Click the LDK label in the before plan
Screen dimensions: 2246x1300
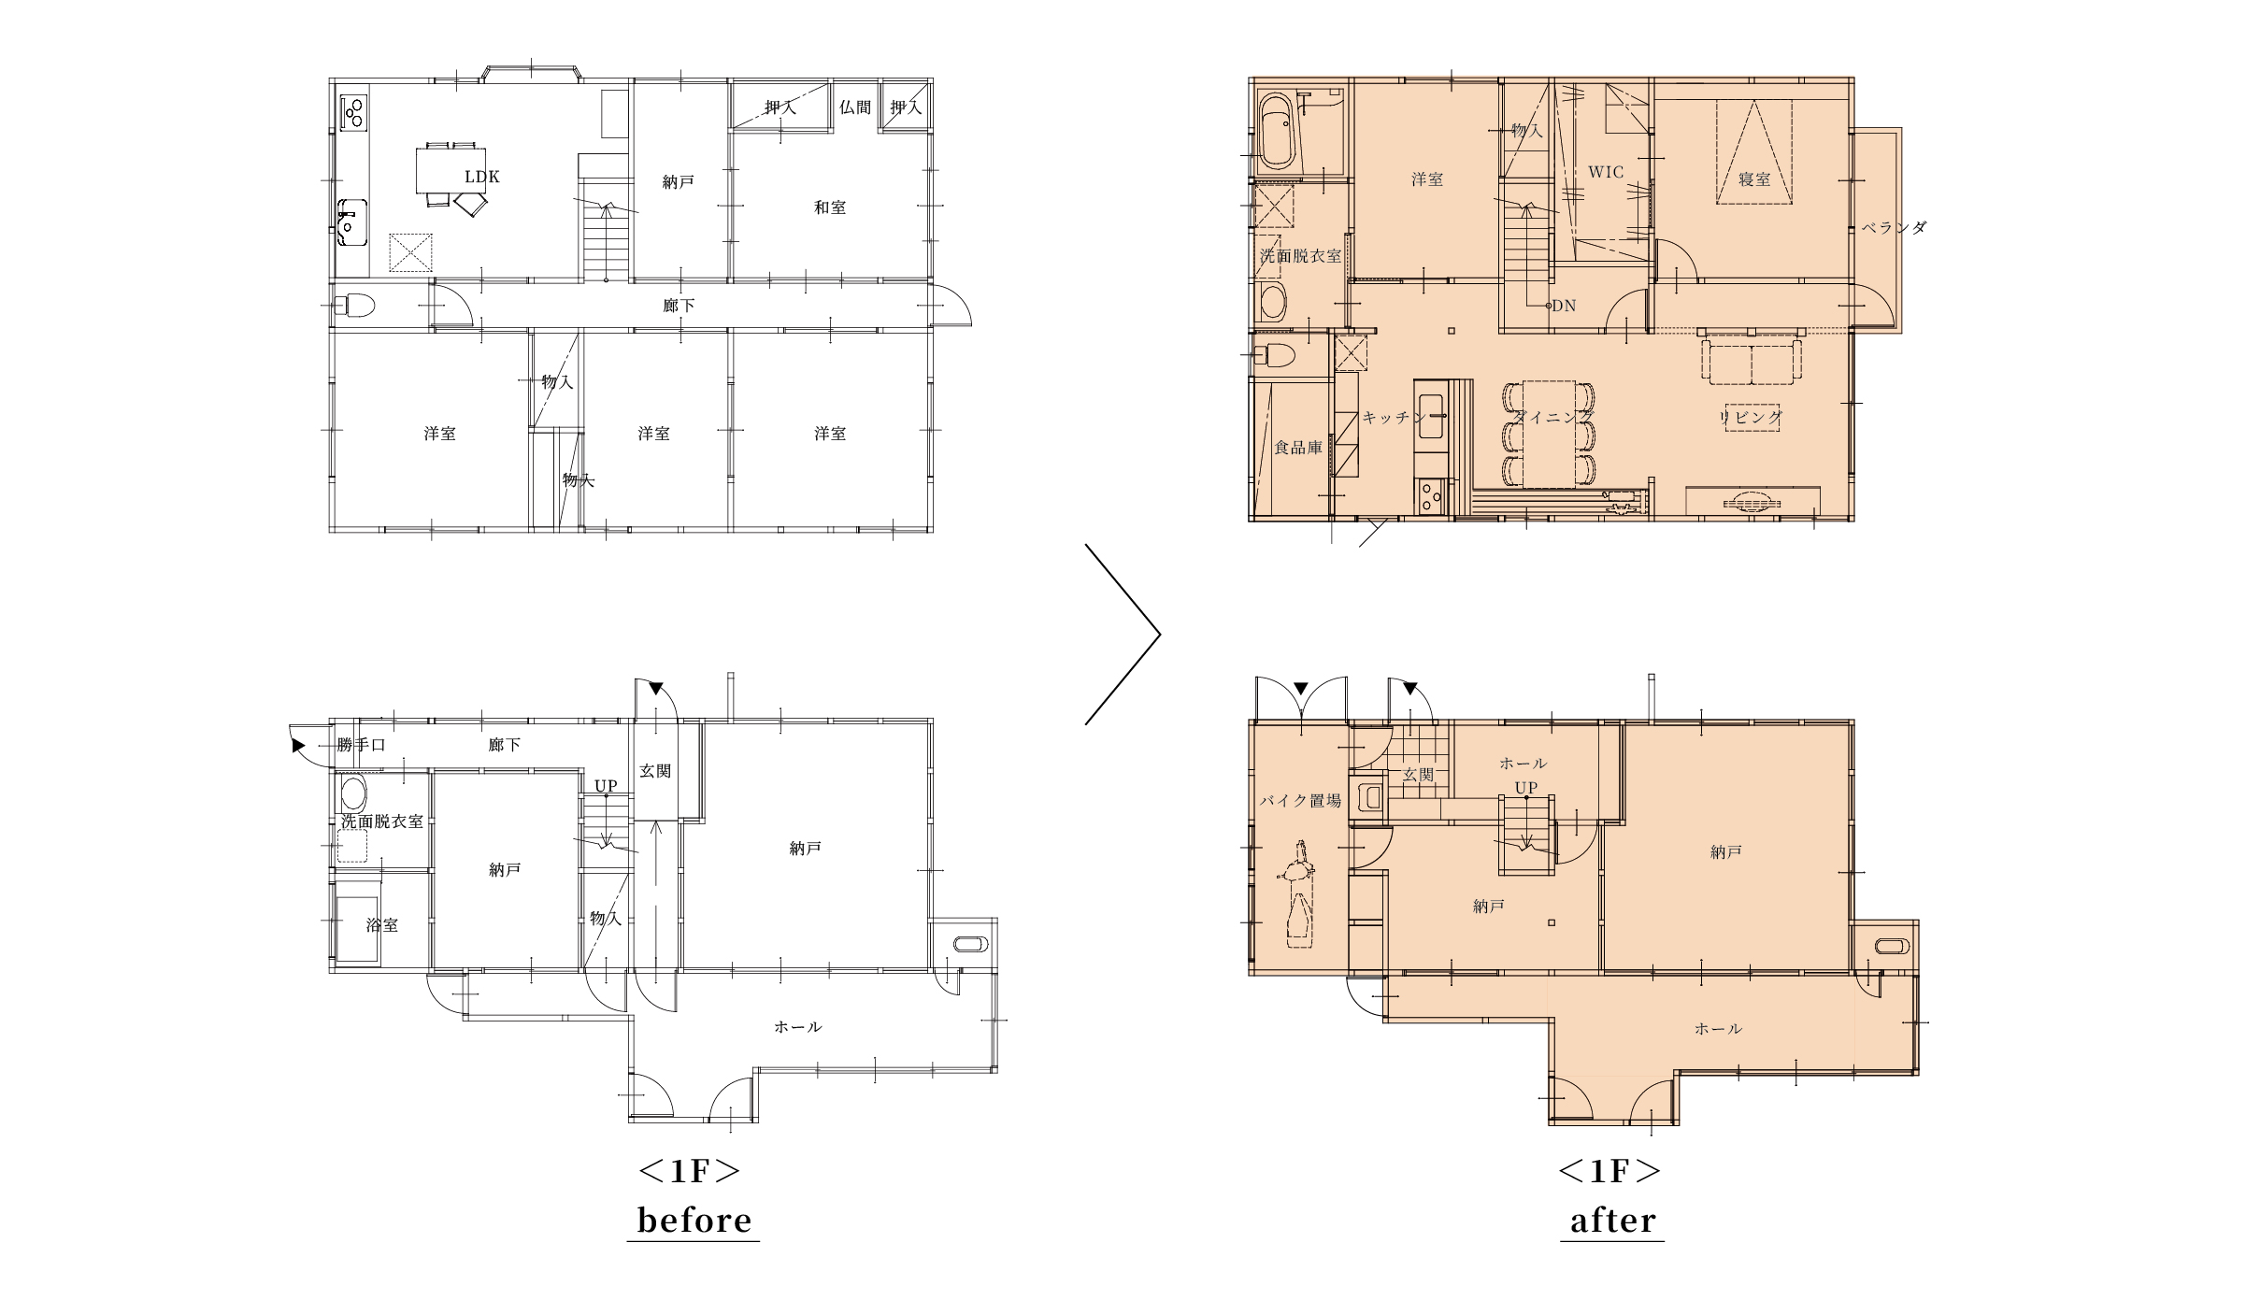coord(482,177)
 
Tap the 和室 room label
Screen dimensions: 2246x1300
coord(830,207)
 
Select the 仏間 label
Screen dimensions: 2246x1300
coord(855,107)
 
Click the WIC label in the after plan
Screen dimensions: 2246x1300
coord(1606,172)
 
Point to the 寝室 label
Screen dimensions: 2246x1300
coord(1754,179)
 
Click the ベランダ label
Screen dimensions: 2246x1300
coord(1894,227)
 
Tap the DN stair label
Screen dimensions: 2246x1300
coord(1564,306)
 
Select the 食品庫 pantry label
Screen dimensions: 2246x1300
coord(1298,448)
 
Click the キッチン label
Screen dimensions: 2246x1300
coord(1394,418)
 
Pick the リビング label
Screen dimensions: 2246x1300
coord(1751,418)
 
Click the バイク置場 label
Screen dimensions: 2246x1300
coord(1300,800)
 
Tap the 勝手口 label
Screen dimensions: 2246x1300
coord(362,745)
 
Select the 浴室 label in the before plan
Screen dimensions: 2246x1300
coord(382,925)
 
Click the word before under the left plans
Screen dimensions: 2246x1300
coord(694,1220)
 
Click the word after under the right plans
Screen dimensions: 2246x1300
coord(1613,1220)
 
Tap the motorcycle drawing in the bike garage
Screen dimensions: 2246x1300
coord(1297,894)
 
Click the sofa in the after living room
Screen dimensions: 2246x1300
coord(1752,361)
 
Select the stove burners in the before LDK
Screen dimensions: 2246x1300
coord(354,113)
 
